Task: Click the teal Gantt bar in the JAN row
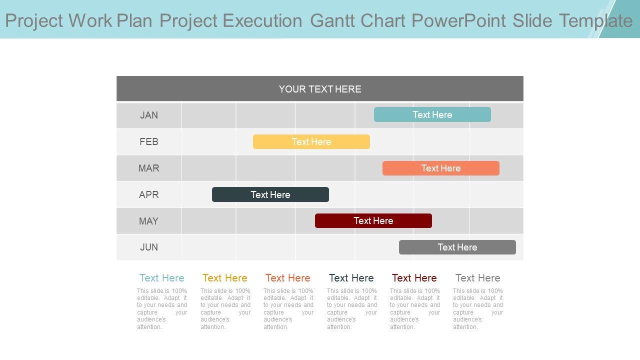tap(432, 114)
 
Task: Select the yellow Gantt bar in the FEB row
tap(311, 141)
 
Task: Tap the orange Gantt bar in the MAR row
tap(441, 168)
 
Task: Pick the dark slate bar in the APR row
tap(270, 194)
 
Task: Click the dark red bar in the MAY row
tap(373, 220)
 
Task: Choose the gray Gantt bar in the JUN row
tap(457, 247)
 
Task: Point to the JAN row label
tap(149, 115)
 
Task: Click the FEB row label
tap(149, 141)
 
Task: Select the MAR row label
tap(149, 168)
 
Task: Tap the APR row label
tap(149, 194)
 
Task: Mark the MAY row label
tap(148, 221)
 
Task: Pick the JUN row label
tap(149, 247)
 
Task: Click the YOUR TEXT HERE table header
tap(320, 89)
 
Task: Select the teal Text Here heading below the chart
tap(161, 278)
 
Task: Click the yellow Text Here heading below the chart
tap(225, 278)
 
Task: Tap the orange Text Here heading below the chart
tap(287, 278)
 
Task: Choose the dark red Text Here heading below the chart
tap(414, 278)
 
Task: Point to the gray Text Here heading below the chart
tap(477, 278)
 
